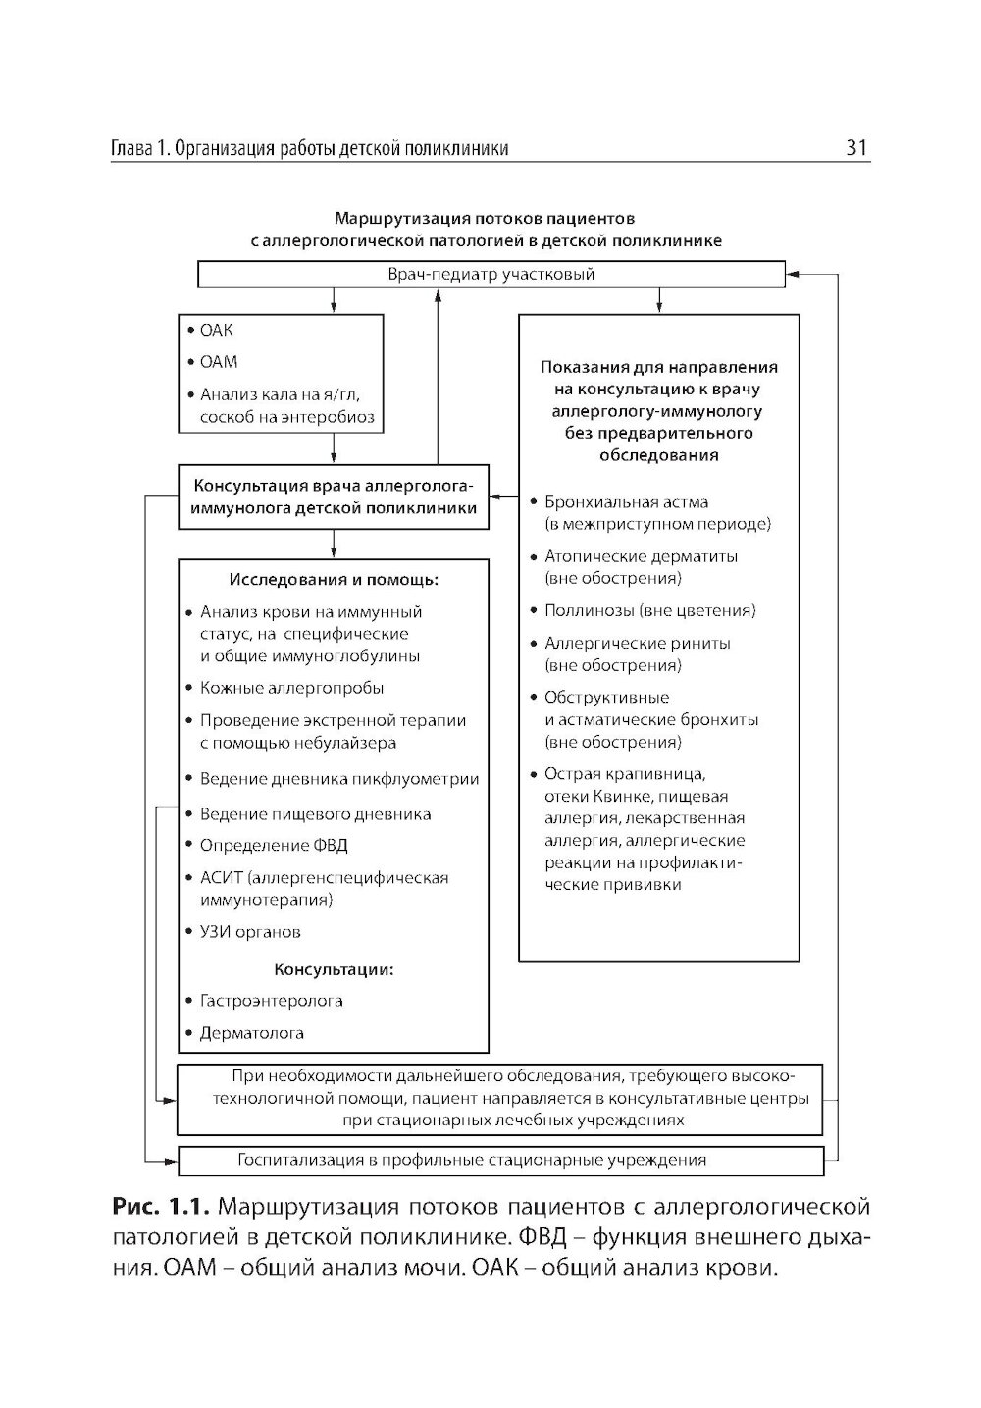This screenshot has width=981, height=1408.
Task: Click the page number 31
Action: [856, 148]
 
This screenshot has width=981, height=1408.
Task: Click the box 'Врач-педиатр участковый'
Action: [490, 274]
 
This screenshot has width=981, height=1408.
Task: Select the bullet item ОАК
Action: [217, 331]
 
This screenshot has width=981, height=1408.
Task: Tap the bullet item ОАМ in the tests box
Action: [219, 362]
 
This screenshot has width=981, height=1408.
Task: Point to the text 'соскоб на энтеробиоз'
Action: [286, 418]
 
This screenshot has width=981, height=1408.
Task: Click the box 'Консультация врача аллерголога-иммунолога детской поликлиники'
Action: [334, 496]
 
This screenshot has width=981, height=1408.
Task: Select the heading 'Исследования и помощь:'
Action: [334, 580]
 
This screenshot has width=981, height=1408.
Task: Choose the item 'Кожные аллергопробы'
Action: [291, 688]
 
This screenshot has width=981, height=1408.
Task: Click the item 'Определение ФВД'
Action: [274, 845]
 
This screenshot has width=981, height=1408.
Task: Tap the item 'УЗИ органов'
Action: [250, 932]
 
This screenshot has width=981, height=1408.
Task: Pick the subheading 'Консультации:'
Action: [334, 970]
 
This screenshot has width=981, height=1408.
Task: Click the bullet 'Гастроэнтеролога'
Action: [271, 1002]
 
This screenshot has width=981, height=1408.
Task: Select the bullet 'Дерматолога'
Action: [252, 1033]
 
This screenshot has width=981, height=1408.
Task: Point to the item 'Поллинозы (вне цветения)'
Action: [649, 610]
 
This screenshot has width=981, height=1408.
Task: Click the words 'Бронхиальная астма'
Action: [626, 502]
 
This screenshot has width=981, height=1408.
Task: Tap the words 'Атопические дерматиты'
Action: [641, 556]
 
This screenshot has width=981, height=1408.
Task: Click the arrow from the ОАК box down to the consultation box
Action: [335, 448]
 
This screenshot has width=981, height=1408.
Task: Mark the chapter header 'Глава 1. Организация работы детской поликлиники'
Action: [309, 149]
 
